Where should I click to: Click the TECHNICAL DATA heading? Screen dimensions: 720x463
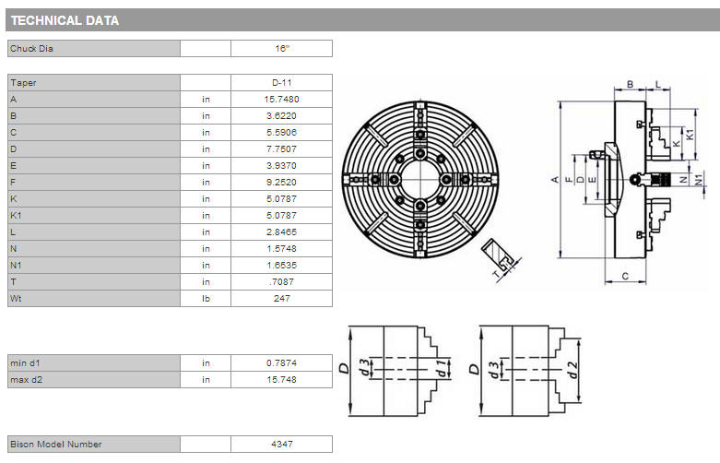[65, 20]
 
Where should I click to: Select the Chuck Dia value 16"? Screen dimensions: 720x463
[282, 49]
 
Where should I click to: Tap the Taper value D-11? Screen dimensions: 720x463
[281, 83]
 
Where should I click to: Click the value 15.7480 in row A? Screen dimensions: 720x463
[281, 100]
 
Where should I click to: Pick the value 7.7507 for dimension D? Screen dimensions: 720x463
[281, 149]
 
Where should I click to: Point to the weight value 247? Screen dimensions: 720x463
[281, 299]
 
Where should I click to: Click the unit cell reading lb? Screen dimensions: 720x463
[206, 299]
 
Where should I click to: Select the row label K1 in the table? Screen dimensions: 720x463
[16, 216]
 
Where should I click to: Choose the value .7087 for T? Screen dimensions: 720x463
[281, 282]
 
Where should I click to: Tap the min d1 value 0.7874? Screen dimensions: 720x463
[281, 363]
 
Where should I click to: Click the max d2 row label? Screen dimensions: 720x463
[26, 380]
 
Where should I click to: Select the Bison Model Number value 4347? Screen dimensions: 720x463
[281, 445]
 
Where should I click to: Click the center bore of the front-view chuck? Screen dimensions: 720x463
[420, 180]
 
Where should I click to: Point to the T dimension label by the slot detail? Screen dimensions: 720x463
[495, 275]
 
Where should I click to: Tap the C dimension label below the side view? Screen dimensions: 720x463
[625, 276]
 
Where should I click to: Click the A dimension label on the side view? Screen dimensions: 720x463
[555, 180]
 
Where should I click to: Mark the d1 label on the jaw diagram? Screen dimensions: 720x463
[441, 368]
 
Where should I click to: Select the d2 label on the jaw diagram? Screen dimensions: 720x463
[572, 370]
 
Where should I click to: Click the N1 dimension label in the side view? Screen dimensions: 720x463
[699, 180]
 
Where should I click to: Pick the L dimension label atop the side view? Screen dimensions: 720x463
[658, 84]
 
